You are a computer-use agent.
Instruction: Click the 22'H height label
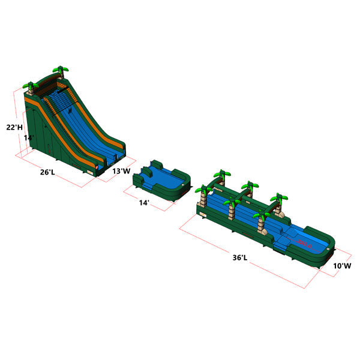tap(15, 127)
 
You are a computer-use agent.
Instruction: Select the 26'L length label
tap(47, 172)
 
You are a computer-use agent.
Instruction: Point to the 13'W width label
tap(122, 171)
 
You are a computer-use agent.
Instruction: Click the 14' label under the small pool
tap(144, 203)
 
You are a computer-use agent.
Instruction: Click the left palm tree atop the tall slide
tap(29, 87)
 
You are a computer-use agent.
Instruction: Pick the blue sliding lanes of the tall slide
tap(90, 132)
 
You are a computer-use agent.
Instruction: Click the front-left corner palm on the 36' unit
tap(204, 194)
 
